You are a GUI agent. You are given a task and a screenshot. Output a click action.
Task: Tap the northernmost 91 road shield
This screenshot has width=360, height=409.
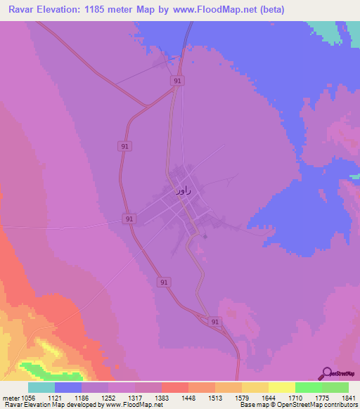pyautogui.click(x=177, y=82)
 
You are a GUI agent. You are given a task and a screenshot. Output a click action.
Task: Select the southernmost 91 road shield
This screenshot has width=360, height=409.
pyautogui.click(x=215, y=321)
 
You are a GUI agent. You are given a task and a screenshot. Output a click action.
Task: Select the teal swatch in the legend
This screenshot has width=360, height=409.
pyautogui.click(x=41, y=387)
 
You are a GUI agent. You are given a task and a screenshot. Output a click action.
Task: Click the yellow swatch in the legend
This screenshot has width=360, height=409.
pyautogui.click(x=281, y=387)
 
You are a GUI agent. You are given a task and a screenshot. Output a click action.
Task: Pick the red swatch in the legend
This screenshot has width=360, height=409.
pyautogui.click(x=174, y=387)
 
